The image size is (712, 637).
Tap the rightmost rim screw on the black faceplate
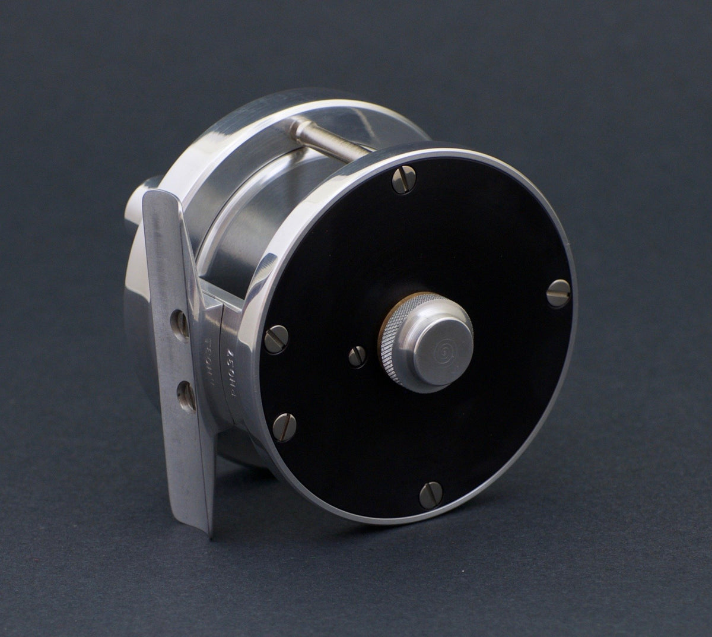coord(557,293)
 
